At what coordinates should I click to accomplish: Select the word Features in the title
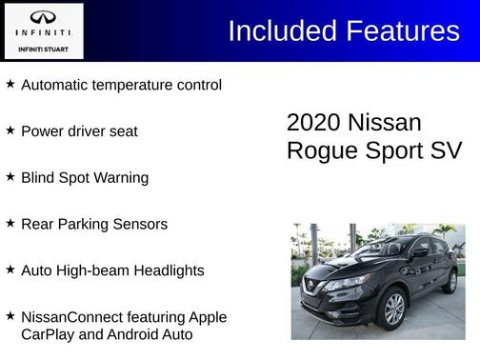(x=402, y=31)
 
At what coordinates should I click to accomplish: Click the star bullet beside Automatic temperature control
(x=10, y=84)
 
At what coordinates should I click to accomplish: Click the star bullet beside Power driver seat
(x=10, y=130)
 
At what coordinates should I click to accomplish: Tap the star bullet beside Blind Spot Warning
(x=10, y=176)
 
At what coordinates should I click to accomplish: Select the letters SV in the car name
(x=445, y=150)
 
